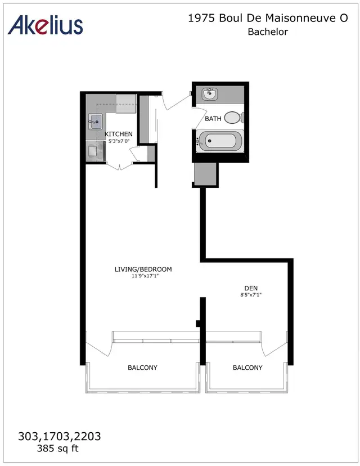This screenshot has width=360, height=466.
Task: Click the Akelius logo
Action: (46, 25)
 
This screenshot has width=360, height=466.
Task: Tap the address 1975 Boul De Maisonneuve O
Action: (267, 19)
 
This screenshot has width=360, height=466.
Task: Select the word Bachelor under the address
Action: (268, 32)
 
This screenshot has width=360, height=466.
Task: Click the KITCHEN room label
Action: (119, 134)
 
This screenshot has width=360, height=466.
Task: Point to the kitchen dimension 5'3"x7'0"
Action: (119, 141)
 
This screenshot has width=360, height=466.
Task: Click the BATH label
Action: (213, 119)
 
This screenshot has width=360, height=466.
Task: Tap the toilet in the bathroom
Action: (233, 118)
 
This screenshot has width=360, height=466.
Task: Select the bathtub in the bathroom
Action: (220, 141)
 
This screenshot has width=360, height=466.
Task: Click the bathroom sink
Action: (211, 93)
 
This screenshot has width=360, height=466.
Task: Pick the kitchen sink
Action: (94, 120)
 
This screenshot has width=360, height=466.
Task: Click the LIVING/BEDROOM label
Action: (143, 269)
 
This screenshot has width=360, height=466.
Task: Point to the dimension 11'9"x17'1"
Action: (143, 276)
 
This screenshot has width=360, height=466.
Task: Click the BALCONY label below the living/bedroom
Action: (142, 368)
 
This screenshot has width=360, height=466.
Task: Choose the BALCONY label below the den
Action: (247, 368)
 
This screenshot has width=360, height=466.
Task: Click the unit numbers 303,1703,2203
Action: (60, 436)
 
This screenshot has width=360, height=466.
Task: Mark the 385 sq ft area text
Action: (59, 449)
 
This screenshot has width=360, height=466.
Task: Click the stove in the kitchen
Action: (93, 151)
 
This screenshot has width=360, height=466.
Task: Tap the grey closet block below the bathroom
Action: (205, 174)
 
